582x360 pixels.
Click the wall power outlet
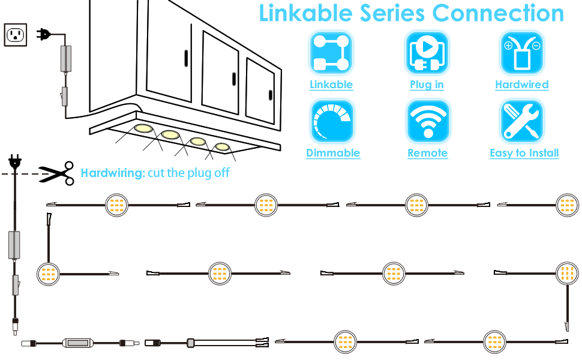pyautogui.click(x=15, y=35)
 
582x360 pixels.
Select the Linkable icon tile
pyautogui.click(x=331, y=53)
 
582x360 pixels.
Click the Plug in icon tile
pyautogui.click(x=427, y=53)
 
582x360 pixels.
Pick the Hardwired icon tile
pyautogui.click(x=522, y=53)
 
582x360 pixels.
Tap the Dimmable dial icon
pyautogui.click(x=331, y=121)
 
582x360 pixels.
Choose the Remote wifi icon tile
pyautogui.click(x=427, y=121)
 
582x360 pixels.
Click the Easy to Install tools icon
pyautogui.click(x=522, y=121)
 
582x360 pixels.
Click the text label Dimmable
pyautogui.click(x=333, y=153)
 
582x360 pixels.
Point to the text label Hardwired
pyautogui.click(x=522, y=85)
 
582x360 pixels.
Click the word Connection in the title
pyautogui.click(x=498, y=13)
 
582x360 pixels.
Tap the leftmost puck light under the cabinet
pyautogui.click(x=143, y=128)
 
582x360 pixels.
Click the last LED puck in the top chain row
pyautogui.click(x=567, y=205)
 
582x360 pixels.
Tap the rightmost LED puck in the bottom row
pyautogui.click(x=495, y=341)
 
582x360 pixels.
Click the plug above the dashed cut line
pyautogui.click(x=15, y=161)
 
